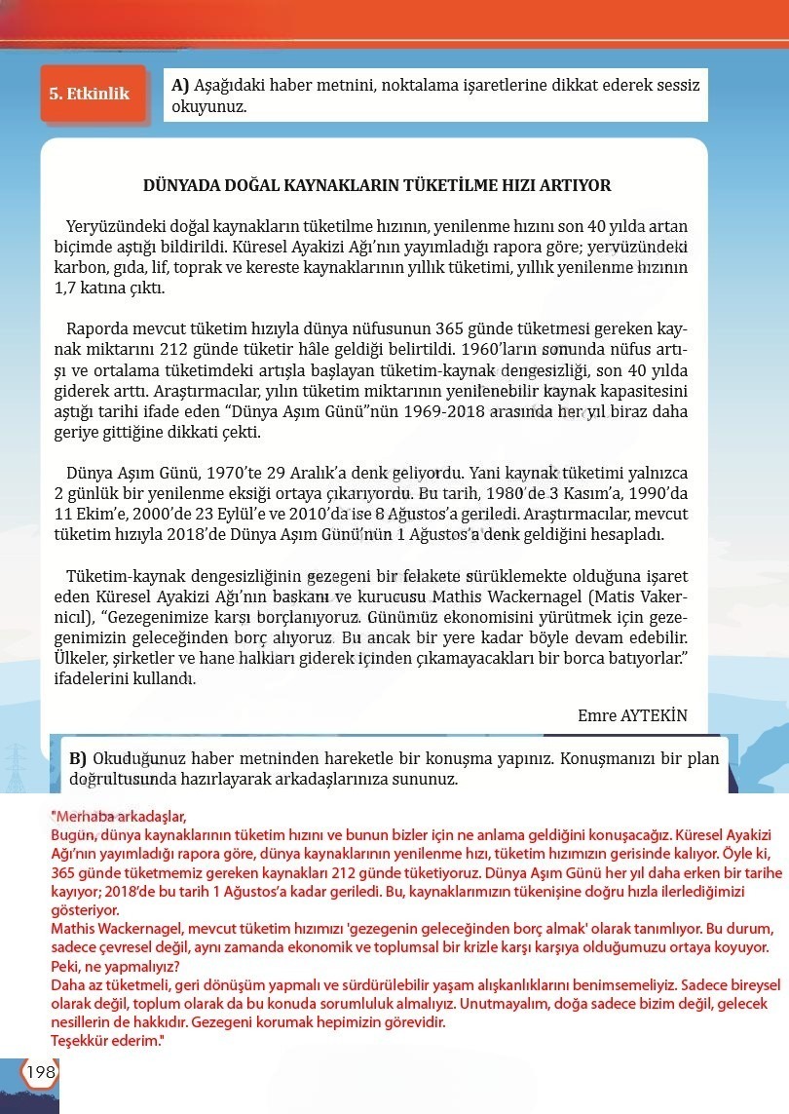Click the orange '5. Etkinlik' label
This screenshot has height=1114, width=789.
click(90, 95)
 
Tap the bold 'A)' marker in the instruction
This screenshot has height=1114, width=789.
click(180, 85)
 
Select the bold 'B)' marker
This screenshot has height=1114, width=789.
click(78, 758)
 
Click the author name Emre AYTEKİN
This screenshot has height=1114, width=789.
click(632, 715)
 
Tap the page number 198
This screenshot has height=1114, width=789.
click(41, 1072)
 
